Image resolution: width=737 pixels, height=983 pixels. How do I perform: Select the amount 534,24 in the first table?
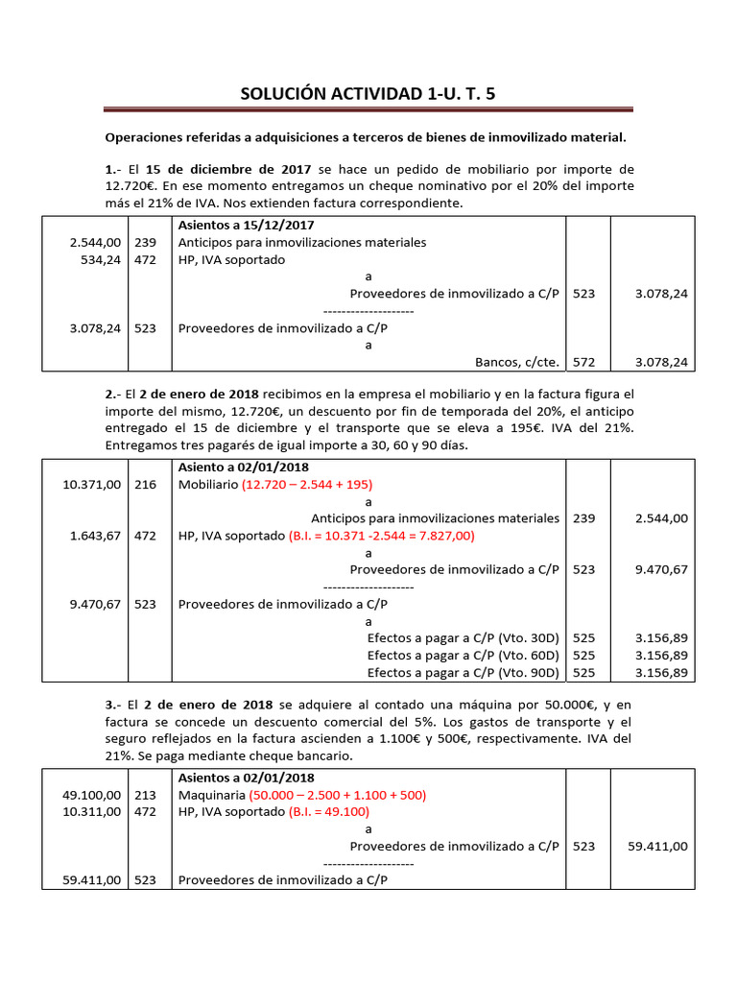pos(96,259)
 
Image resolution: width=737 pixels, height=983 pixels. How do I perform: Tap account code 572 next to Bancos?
pos(583,362)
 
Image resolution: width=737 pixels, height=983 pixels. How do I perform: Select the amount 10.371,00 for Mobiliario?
pos(92,485)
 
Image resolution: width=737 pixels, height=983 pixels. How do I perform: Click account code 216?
pos(145,485)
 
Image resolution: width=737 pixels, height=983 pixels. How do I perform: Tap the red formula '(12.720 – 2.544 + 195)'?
pos(307,485)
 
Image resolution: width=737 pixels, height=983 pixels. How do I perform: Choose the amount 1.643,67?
pos(96,536)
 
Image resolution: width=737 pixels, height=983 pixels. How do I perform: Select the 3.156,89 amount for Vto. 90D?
pos(661,672)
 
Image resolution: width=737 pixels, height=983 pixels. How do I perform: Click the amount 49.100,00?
pos(92,795)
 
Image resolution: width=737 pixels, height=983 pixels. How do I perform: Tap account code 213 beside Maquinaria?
pos(145,795)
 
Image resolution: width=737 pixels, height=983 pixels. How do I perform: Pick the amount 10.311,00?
pos(92,812)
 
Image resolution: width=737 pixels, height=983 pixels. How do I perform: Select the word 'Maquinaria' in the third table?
pos(211,795)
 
